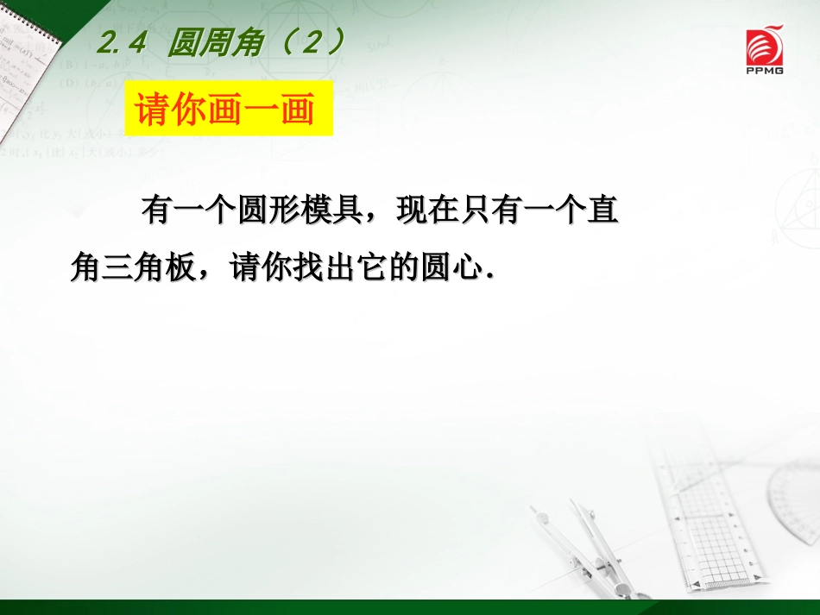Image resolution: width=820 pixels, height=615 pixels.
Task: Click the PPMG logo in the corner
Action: point(765,51)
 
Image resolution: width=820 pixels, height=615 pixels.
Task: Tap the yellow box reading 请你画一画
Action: point(228,110)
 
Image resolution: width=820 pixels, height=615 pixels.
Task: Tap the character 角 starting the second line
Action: point(86,268)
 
